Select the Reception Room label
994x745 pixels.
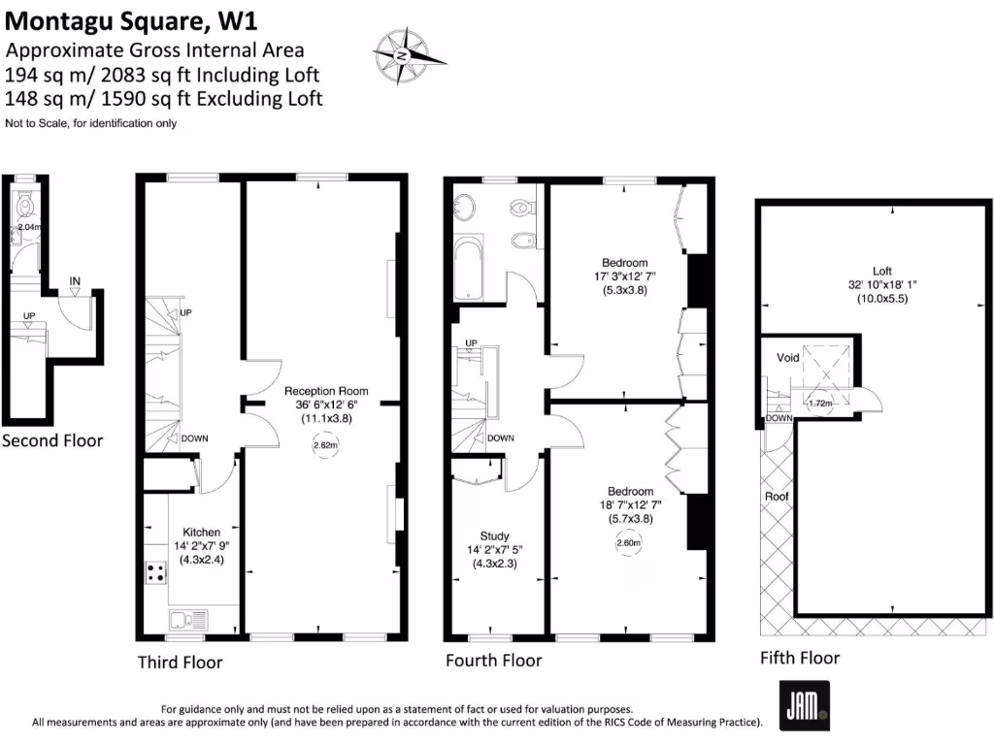tap(326, 391)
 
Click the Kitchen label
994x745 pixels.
tap(201, 532)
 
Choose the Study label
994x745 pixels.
tap(494, 535)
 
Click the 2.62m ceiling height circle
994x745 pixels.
tap(326, 446)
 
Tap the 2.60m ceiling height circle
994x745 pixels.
tap(629, 543)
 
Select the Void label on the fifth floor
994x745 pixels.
tap(788, 358)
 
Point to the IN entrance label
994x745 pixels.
tap(75, 282)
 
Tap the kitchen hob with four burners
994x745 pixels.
tap(156, 572)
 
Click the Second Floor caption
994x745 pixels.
tap(52, 440)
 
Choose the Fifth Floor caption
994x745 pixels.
tap(800, 658)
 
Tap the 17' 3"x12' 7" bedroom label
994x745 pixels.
tap(624, 275)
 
